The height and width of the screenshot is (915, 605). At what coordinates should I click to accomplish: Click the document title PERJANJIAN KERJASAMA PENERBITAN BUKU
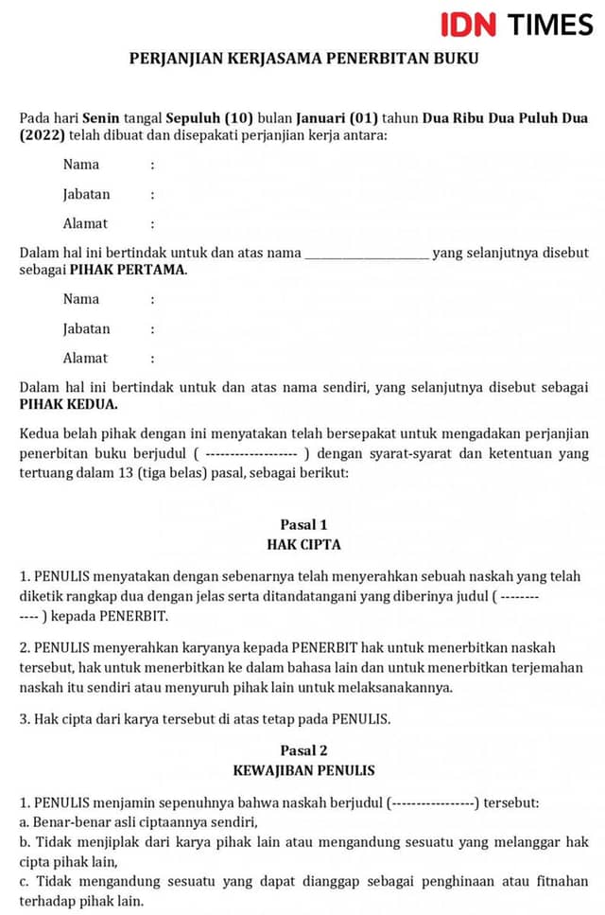tap(303, 59)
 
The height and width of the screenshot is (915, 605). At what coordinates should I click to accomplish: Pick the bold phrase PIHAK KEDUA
tap(69, 404)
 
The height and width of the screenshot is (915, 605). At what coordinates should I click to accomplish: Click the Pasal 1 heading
tap(303, 524)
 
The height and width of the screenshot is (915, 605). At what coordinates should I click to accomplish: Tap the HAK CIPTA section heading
tap(303, 544)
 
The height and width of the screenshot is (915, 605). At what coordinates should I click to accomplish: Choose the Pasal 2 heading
tap(303, 750)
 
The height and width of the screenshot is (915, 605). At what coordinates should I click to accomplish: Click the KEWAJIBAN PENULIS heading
tap(303, 770)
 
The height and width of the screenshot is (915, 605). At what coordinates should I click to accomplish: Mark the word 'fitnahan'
tap(558, 882)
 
